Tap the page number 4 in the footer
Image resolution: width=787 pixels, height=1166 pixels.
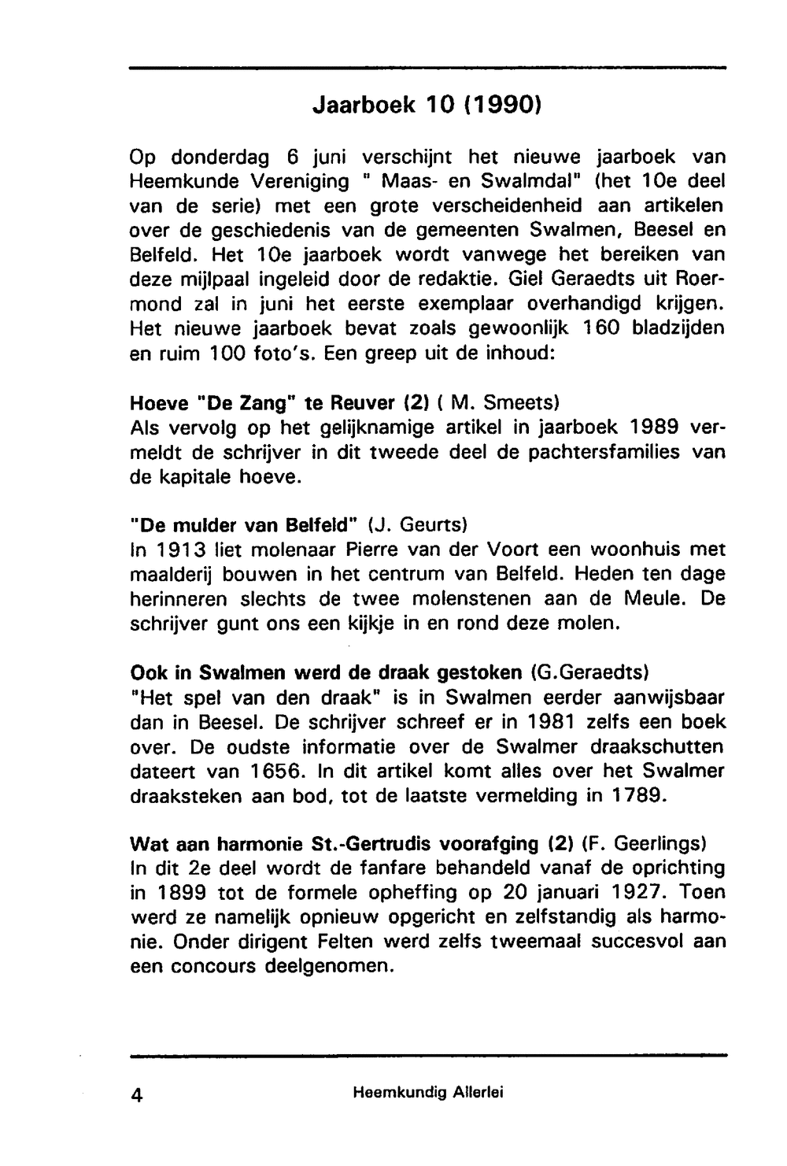tap(137, 1095)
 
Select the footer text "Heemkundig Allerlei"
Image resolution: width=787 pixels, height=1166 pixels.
tap(429, 1093)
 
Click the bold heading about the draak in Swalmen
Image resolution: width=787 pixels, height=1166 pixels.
tap(325, 673)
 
